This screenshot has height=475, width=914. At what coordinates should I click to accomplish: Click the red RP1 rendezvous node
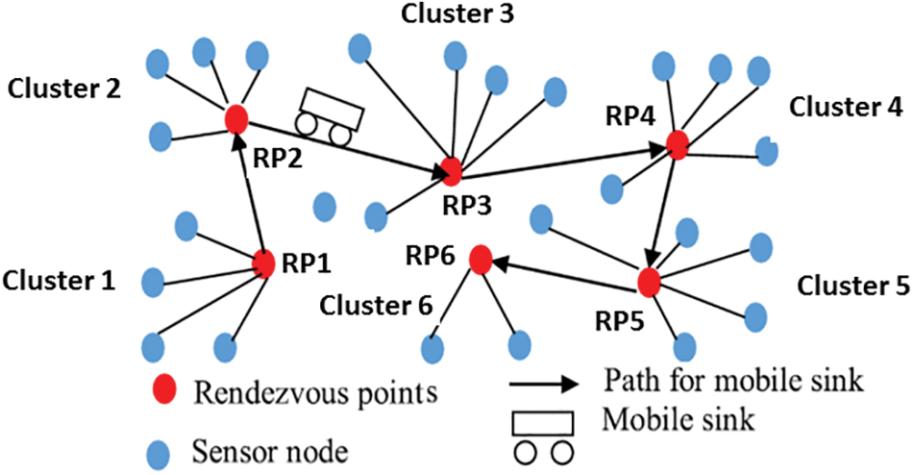click(264, 263)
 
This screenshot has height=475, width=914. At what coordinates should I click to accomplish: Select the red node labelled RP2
click(236, 118)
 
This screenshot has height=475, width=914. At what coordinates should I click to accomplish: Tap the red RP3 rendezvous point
click(448, 170)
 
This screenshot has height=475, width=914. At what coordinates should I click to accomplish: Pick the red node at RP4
click(677, 143)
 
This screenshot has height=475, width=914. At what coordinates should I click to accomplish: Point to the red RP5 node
click(648, 282)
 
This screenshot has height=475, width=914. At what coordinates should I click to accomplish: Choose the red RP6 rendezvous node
click(480, 260)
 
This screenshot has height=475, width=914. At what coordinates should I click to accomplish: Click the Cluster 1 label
click(60, 281)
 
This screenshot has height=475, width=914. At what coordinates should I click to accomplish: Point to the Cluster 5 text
click(853, 285)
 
